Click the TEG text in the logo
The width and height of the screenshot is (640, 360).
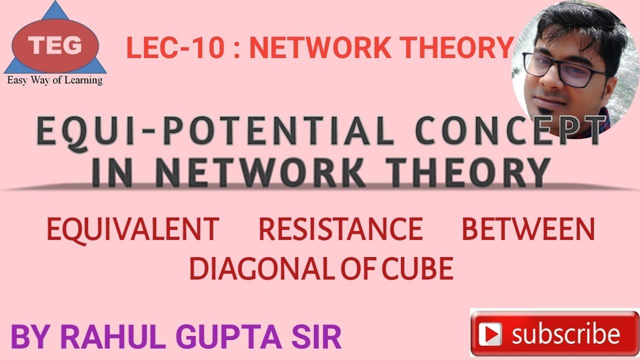tap(55, 46)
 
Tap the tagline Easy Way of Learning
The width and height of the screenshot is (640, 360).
tap(54, 80)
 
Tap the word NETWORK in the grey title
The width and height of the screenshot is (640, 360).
tap(260, 173)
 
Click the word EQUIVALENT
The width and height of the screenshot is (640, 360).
tap(133, 229)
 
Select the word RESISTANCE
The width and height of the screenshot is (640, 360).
tap(340, 229)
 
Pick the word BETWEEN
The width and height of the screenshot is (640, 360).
tap(528, 229)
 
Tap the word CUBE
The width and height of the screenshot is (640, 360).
tap(417, 268)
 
